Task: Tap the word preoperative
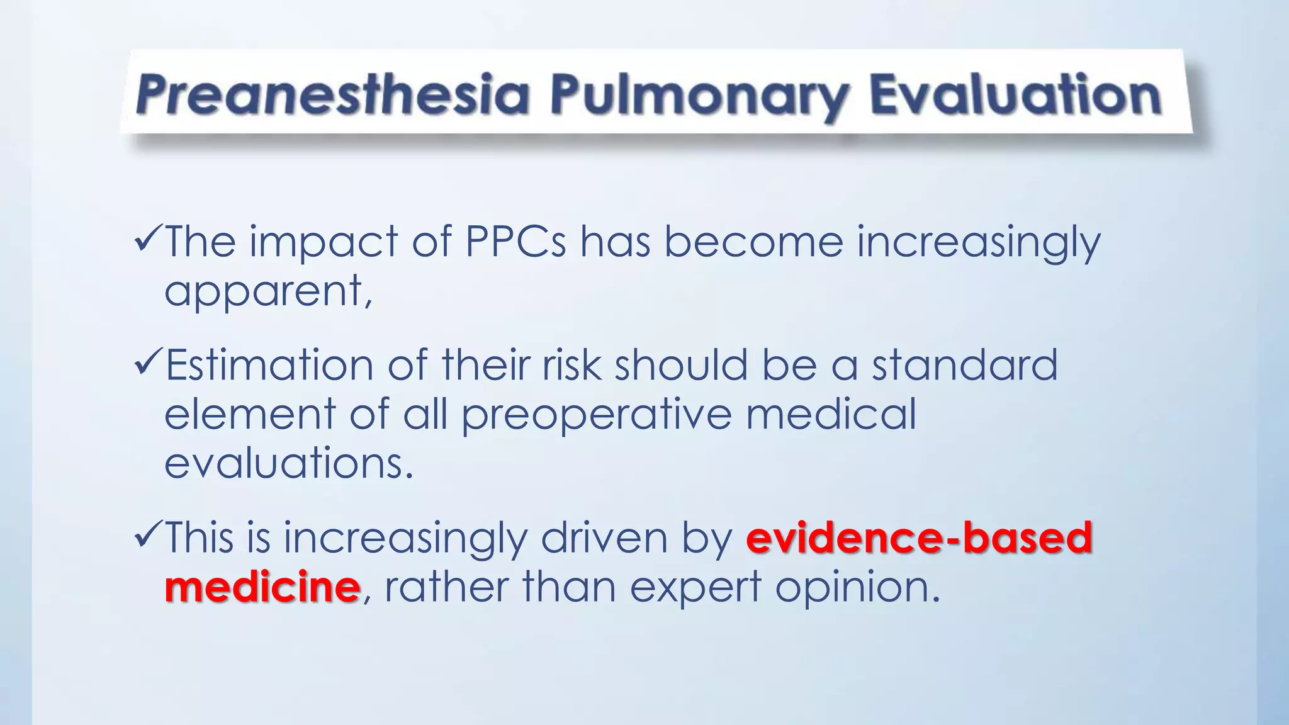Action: click(x=597, y=415)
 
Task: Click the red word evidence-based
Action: click(x=919, y=538)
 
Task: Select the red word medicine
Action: click(x=262, y=587)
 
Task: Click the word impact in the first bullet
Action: click(x=324, y=242)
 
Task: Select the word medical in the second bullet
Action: click(x=831, y=414)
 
